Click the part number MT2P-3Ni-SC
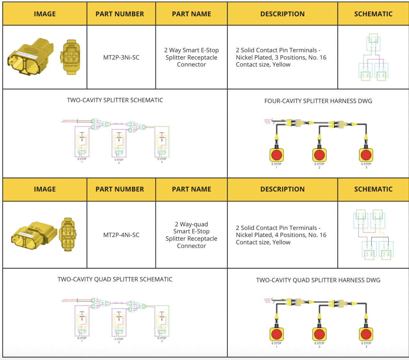121,57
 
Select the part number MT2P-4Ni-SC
121,235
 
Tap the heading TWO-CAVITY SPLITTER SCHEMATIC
115,100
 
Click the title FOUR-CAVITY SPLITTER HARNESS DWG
318,101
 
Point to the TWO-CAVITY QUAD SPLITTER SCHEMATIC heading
115,280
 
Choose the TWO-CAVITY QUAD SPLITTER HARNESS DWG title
318,280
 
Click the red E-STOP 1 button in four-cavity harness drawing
277,155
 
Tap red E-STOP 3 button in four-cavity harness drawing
366,155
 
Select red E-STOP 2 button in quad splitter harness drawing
319,334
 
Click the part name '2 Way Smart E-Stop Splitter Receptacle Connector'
191,57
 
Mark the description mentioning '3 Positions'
281,57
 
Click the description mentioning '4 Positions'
281,235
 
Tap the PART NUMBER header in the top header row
120,14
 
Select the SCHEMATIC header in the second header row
373,189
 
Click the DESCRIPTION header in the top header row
282,14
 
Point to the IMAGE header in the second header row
45,189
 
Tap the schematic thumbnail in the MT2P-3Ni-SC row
373,57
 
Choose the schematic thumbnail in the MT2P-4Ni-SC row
373,235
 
